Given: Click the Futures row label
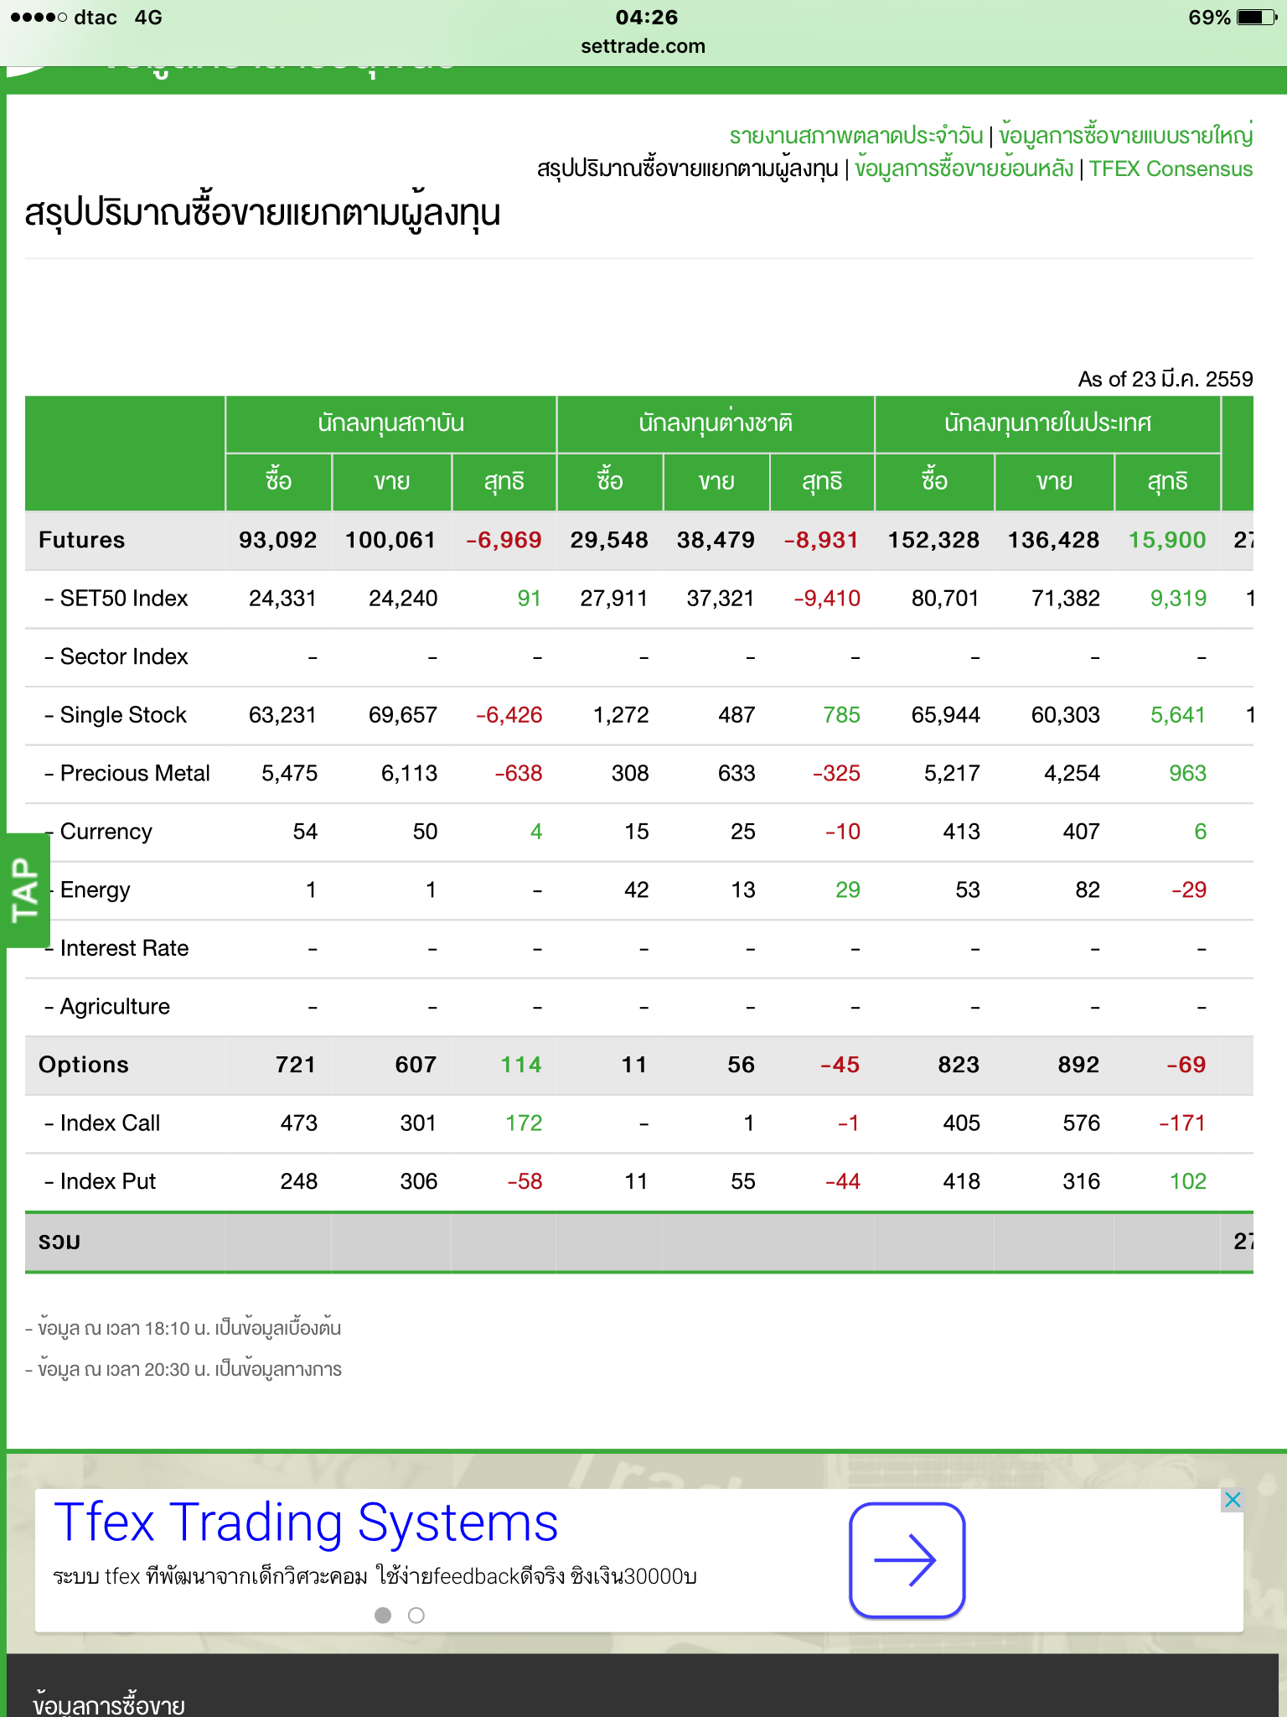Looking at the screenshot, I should [81, 540].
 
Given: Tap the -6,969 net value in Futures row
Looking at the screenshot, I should [504, 540].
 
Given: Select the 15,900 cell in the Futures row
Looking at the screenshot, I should [1166, 540].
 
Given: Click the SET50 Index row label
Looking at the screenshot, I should [123, 599].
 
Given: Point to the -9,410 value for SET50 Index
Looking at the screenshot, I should [826, 599].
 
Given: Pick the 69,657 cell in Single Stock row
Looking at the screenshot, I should [402, 715].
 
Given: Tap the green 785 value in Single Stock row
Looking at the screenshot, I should [841, 715].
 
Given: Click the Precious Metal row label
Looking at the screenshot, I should [134, 773].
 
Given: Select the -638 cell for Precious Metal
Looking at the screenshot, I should [518, 773].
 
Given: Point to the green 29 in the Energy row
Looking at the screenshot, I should [847, 890].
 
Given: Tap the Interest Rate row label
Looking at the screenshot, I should [124, 948].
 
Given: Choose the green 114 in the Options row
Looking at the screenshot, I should [520, 1065].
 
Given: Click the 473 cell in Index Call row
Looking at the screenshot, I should [298, 1123].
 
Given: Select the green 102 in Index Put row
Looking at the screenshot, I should [1187, 1181].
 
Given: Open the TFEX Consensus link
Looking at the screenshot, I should [1171, 169].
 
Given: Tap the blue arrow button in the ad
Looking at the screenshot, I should [907, 1560].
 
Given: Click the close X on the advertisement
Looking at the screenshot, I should [1232, 1500].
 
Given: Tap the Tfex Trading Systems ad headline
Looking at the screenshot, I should [306, 1523].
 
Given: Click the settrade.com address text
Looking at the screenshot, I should [643, 46].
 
